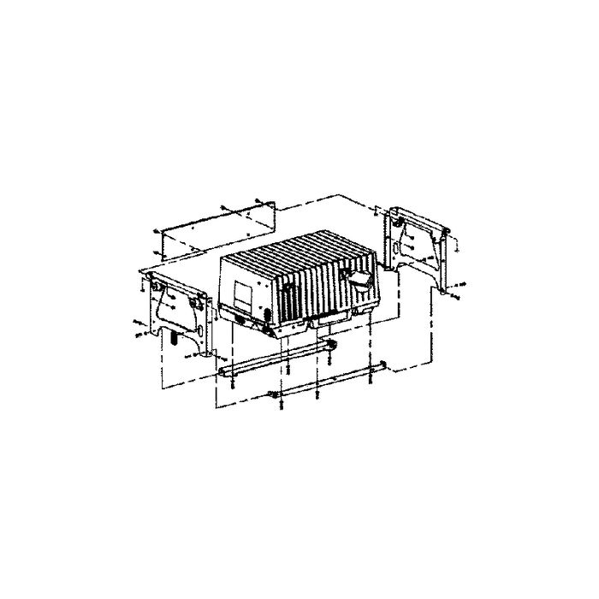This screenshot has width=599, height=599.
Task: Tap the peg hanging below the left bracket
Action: (175, 339)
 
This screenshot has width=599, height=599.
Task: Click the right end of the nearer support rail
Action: (333, 345)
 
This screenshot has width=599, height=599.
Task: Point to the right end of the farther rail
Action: (383, 366)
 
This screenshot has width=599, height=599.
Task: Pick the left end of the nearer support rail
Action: (222, 371)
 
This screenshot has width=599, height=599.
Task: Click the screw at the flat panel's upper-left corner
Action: (156, 231)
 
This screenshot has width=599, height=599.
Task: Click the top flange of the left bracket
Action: (171, 277)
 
